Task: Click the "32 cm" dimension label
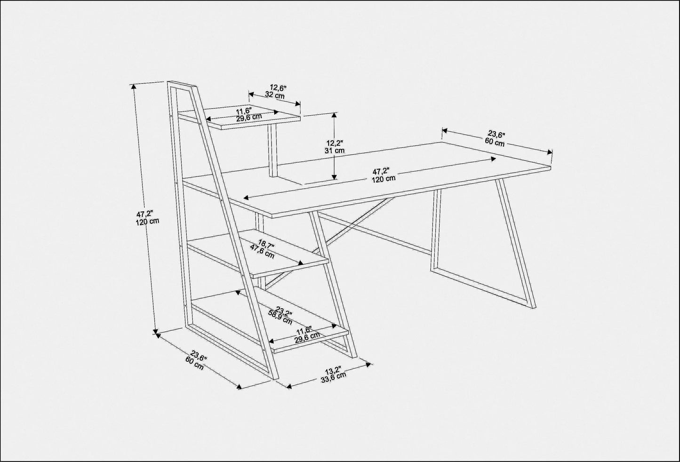point(274,95)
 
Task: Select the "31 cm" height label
point(335,151)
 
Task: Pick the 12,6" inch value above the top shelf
point(278,88)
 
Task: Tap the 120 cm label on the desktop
point(384,178)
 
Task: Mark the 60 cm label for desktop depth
point(495,143)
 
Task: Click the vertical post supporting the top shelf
point(272,150)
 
